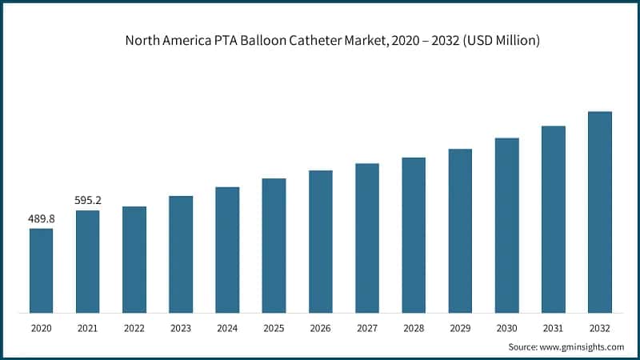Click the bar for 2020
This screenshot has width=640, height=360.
(41, 270)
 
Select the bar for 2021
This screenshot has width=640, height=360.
(87, 262)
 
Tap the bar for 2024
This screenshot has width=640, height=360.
(227, 250)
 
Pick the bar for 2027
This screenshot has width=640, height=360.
(367, 238)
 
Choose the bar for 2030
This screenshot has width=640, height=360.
(506, 225)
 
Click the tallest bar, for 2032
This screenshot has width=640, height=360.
(600, 212)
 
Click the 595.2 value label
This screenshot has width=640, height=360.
(87, 200)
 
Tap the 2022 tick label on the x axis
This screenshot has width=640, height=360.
(134, 327)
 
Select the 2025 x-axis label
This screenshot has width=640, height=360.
(274, 327)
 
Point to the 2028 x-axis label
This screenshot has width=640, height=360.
(414, 327)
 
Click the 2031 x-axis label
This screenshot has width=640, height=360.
(553, 327)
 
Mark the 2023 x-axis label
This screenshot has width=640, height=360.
(181, 327)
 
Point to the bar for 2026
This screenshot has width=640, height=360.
(320, 241)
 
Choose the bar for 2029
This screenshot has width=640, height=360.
(460, 230)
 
